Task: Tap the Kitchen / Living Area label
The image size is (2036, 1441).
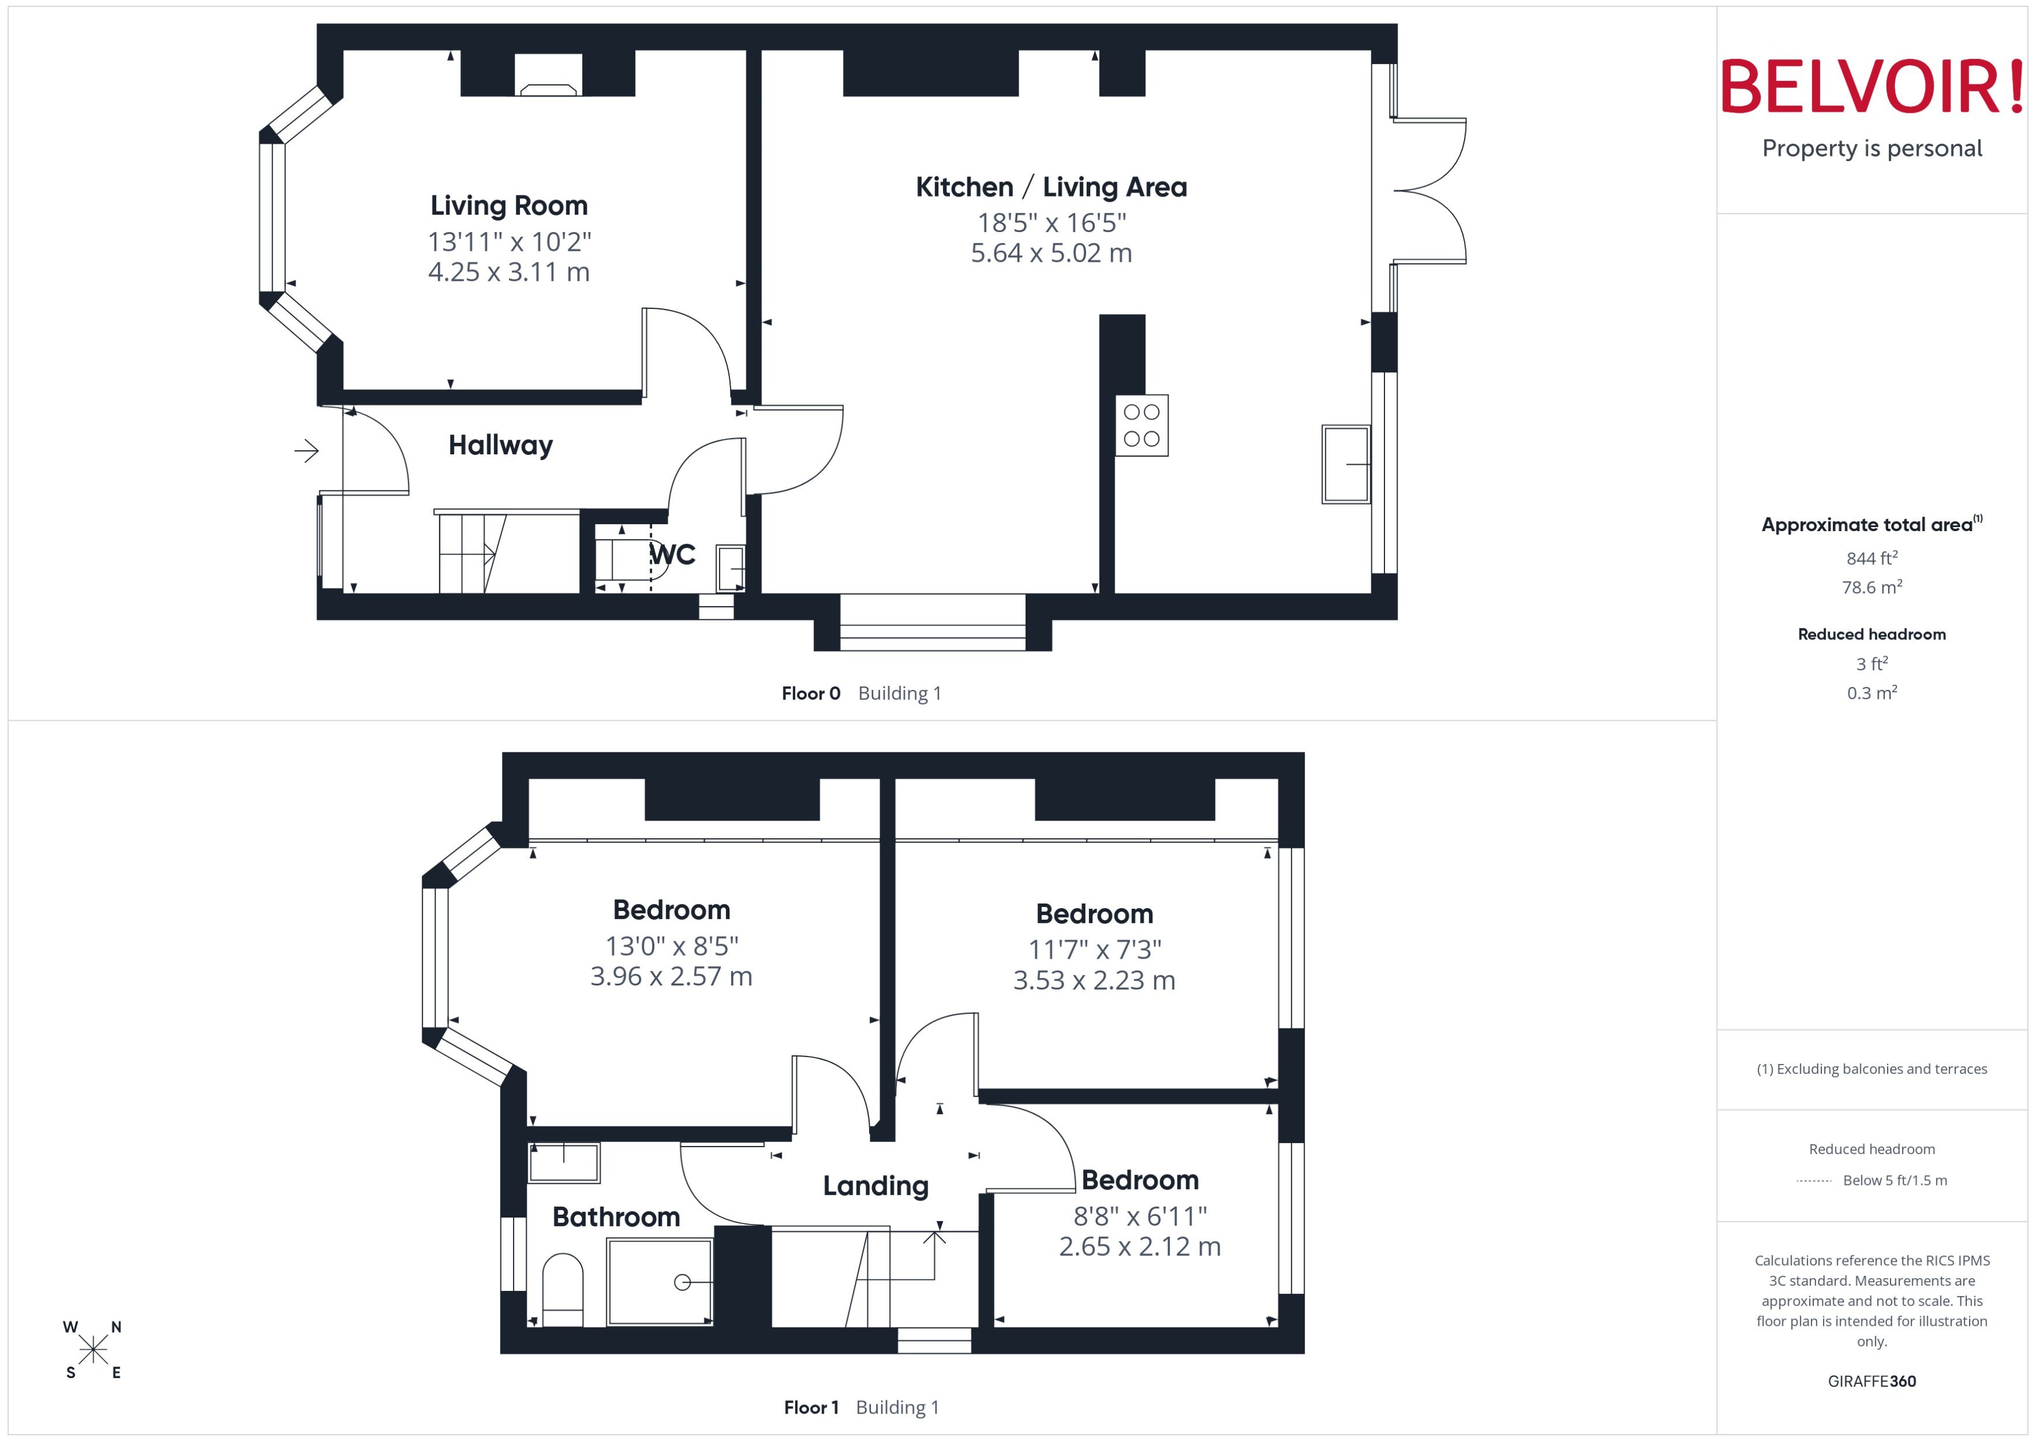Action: [1051, 187]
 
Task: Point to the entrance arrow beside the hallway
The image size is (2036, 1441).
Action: [306, 451]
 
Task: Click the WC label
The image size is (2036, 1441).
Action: [674, 554]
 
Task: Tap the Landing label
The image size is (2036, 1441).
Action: [875, 1186]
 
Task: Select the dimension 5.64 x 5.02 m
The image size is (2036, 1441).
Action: [1051, 253]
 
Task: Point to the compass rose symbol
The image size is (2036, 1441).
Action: [92, 1350]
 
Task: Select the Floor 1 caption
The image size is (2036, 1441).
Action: [810, 1407]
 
